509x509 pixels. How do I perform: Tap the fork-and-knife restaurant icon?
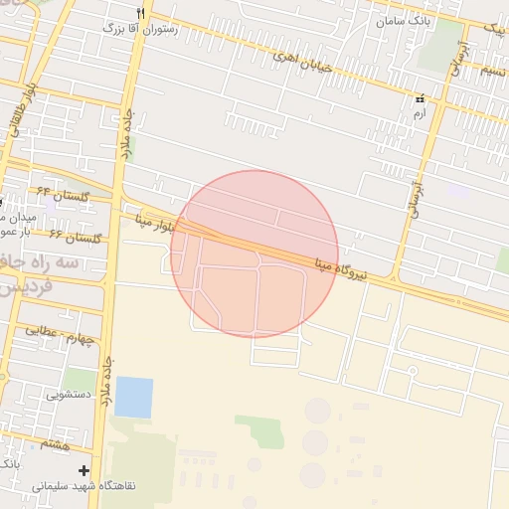point(140,12)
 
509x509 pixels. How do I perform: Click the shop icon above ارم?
point(420,99)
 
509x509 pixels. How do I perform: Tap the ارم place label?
point(420,114)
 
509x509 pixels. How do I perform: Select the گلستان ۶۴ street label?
point(64,193)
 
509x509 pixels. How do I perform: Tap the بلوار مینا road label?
point(157,224)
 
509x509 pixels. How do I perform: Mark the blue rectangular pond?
point(134,397)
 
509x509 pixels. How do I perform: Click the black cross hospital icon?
point(85,469)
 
